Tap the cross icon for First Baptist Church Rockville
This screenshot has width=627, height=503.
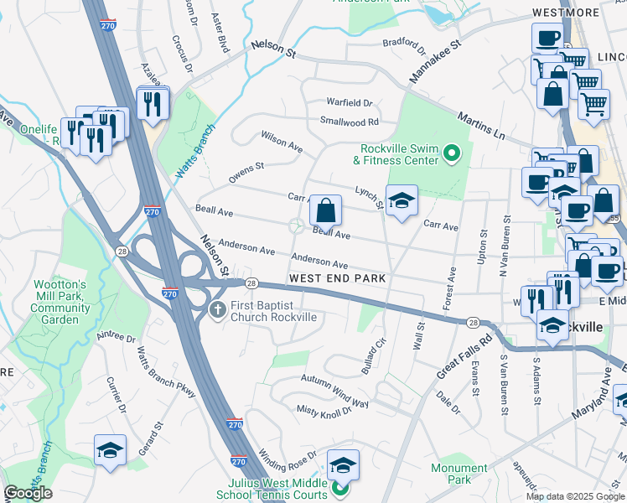(x=216, y=310)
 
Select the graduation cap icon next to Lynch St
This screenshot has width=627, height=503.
(x=402, y=201)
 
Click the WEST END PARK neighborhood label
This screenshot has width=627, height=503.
(x=337, y=278)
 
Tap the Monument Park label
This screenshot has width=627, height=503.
(x=459, y=474)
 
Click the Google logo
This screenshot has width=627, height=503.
(x=28, y=493)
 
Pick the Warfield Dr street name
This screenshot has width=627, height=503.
(x=350, y=103)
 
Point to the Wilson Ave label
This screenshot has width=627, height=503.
(x=282, y=140)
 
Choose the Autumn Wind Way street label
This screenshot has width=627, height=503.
(x=335, y=392)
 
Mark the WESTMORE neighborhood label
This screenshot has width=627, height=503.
(x=566, y=13)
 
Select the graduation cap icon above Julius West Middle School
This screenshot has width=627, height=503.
(x=343, y=464)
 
